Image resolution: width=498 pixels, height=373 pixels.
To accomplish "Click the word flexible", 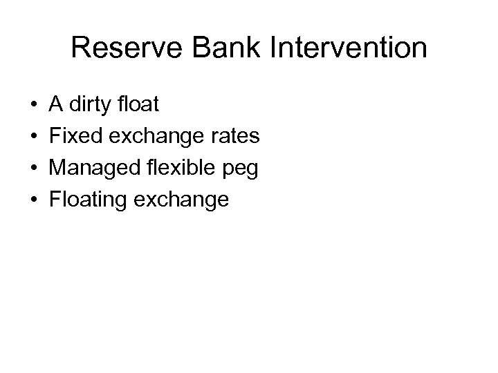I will click(x=170, y=169).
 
